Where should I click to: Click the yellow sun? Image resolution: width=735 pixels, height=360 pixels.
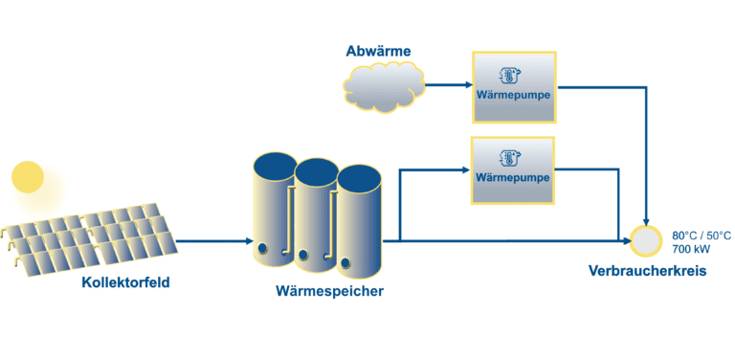tap(28, 176)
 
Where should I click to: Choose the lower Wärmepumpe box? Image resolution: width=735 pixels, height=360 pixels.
tap(514, 169)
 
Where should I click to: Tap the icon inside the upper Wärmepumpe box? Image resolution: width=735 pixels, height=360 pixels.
tap(514, 74)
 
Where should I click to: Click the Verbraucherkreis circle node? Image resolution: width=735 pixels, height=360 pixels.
tap(648, 240)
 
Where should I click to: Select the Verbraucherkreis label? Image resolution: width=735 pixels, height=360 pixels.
tap(647, 272)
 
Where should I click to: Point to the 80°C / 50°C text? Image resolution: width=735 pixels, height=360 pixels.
tap(702, 235)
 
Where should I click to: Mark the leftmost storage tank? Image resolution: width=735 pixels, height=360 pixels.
tap(274, 211)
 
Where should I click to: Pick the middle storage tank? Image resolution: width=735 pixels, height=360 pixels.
tap(315, 215)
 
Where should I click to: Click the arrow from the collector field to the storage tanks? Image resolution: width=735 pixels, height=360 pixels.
tap(211, 241)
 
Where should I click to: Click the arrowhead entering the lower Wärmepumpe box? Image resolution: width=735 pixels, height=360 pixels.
tap(466, 170)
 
